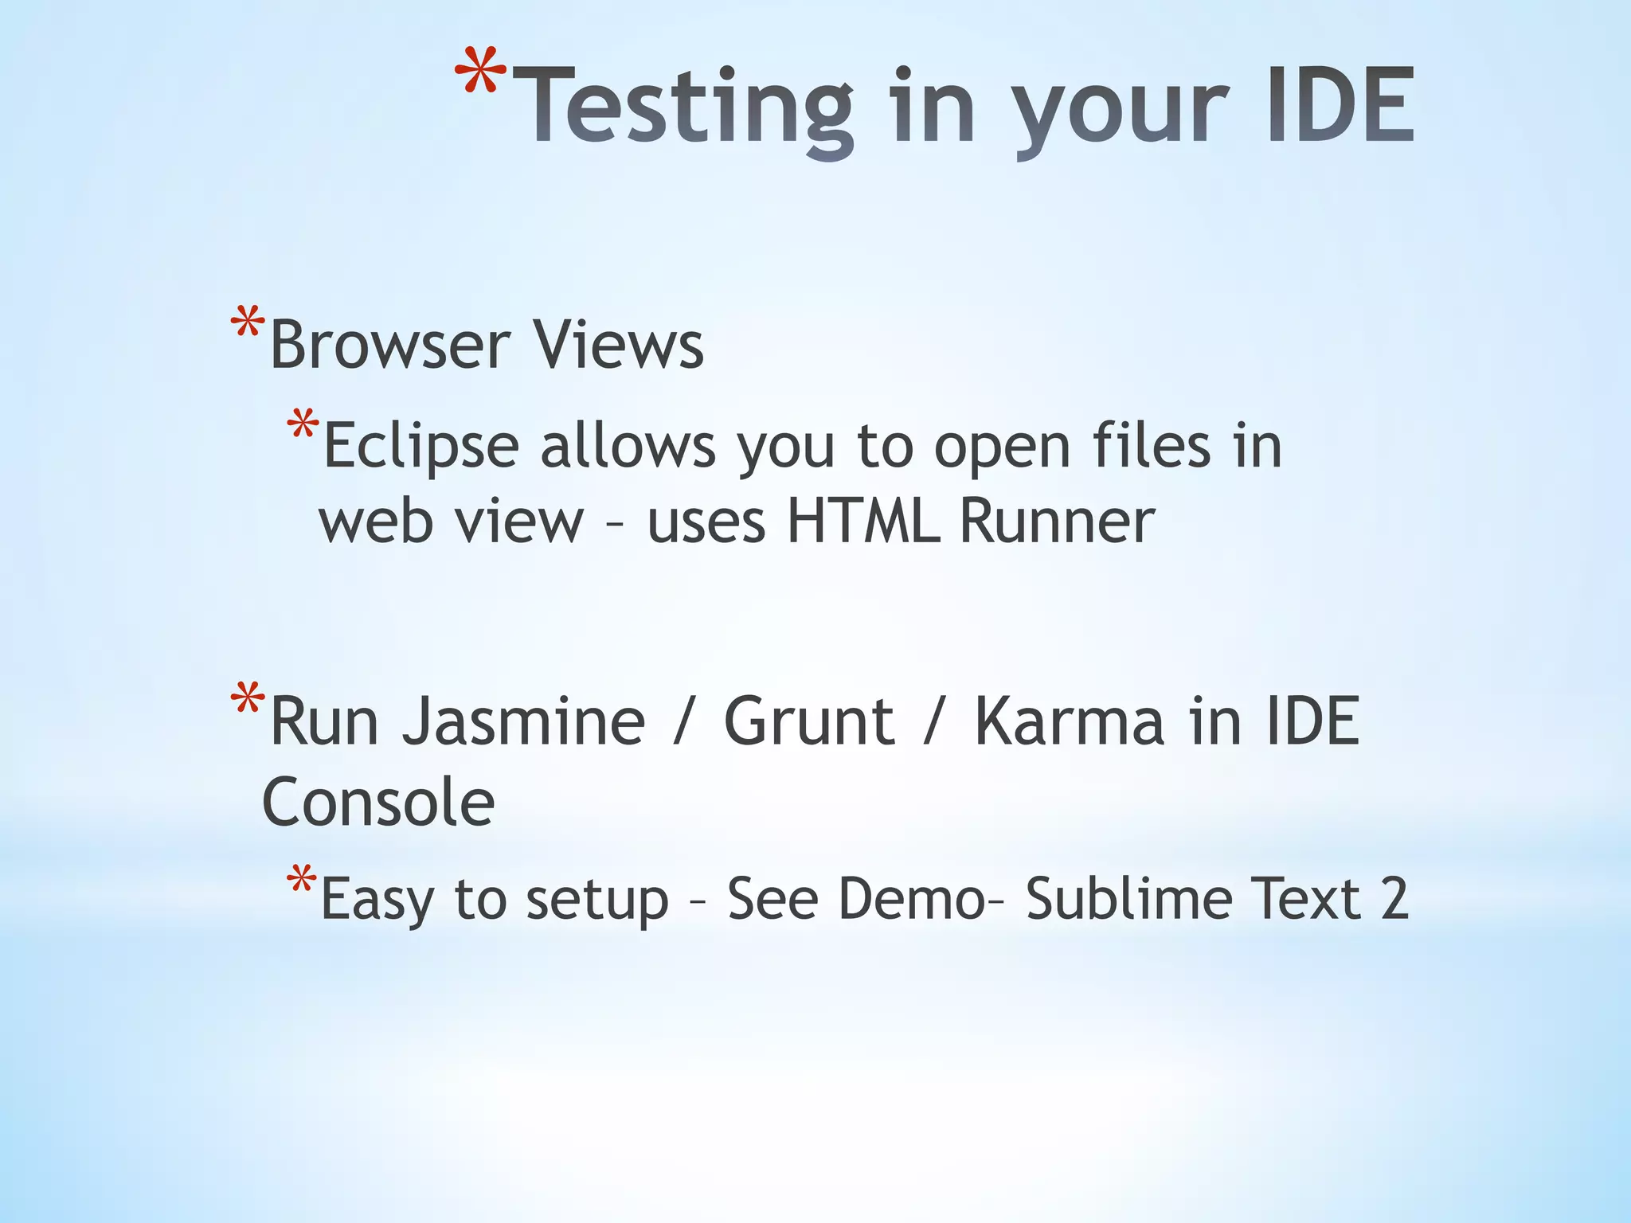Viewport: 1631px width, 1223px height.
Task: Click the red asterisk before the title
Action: pyautogui.click(x=480, y=74)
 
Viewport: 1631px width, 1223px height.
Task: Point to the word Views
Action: pyautogui.click(x=618, y=345)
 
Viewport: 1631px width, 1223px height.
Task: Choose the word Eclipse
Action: pyautogui.click(x=421, y=446)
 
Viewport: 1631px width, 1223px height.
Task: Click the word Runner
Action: pyautogui.click(x=1057, y=522)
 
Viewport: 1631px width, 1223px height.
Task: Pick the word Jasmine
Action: pyautogui.click(x=523, y=721)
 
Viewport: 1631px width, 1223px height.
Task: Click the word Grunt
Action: pyautogui.click(x=809, y=721)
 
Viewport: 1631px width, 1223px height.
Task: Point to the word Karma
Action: pyautogui.click(x=1068, y=721)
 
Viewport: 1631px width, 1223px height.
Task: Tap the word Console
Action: pyautogui.click(x=378, y=803)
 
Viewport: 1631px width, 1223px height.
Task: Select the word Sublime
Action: pyautogui.click(x=1129, y=900)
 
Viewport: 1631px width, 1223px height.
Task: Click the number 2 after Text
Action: pyautogui.click(x=1394, y=900)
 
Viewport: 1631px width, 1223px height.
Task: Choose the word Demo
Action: pyautogui.click(x=912, y=900)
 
